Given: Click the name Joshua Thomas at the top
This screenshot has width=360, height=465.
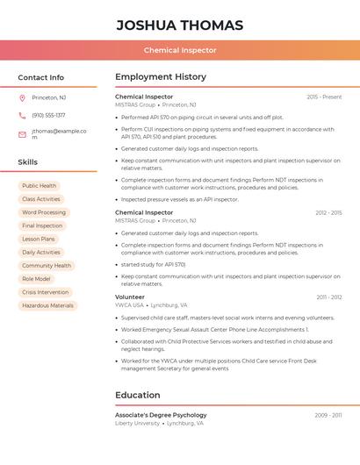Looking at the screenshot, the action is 180,25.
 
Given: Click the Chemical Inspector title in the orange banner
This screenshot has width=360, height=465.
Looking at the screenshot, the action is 180,50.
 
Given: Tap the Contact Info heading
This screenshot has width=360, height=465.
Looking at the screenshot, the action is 41,77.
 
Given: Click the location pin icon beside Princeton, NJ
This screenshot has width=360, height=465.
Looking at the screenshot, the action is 22,97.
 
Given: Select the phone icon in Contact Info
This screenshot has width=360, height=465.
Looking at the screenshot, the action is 22,115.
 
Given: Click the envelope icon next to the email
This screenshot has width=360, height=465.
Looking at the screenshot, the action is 22,134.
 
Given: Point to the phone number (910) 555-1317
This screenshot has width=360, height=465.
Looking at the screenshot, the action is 48,115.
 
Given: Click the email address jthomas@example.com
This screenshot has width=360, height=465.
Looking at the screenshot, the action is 59,134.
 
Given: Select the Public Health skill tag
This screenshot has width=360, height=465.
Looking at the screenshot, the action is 40,186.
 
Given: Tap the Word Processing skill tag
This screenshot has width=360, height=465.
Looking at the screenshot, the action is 44,212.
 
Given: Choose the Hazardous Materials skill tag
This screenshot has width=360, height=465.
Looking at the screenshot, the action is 47,305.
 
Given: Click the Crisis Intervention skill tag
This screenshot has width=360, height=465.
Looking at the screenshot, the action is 45,292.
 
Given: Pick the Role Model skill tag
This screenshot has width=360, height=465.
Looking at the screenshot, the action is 37,279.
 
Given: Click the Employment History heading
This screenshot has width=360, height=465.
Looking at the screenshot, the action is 161,77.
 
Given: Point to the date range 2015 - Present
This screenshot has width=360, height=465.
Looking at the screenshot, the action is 324,97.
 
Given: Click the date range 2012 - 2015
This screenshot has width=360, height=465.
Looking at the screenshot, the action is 328,212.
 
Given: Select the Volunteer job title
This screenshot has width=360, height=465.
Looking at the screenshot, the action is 130,297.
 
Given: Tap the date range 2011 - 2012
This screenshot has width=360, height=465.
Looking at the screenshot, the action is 329,297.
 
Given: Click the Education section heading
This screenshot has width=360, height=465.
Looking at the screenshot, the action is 138,395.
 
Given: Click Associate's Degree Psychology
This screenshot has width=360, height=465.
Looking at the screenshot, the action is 161,415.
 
